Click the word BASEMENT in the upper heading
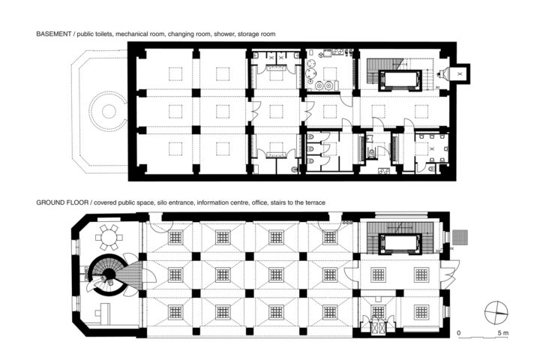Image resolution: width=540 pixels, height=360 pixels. point(53,34)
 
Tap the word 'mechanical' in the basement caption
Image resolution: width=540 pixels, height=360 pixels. point(133,34)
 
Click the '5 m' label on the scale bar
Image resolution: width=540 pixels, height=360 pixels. point(502,333)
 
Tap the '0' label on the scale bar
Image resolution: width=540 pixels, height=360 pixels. point(459,333)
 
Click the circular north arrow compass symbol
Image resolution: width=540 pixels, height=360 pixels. point(496,313)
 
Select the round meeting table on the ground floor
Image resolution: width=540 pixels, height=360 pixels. point(109,237)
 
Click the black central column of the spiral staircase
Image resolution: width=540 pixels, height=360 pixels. point(109,274)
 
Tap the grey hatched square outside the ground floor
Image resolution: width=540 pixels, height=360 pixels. point(460,238)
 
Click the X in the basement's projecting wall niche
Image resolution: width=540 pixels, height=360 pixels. point(459,73)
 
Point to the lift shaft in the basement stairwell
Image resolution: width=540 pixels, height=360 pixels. point(400,80)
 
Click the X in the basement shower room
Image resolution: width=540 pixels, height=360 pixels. point(431,148)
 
